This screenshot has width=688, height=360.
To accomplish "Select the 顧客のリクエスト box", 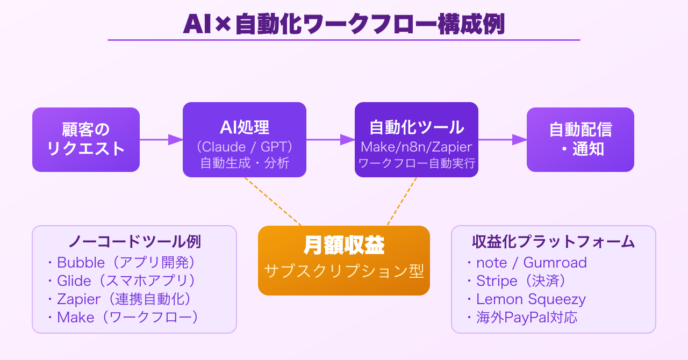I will pyautogui.click(x=86, y=140).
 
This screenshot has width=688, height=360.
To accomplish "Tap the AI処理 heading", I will pyautogui.click(x=245, y=127).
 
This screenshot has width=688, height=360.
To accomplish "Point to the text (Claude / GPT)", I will pyautogui.click(x=245, y=146).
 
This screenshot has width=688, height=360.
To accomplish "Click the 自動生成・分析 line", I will pyautogui.click(x=245, y=163).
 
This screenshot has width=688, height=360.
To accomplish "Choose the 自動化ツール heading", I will pyautogui.click(x=417, y=127).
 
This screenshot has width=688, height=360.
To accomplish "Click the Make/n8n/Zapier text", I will pyautogui.click(x=417, y=147).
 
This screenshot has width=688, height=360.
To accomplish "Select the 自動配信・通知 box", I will pyautogui.click(x=580, y=140).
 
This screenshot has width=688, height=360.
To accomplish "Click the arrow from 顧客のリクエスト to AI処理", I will pyautogui.click(x=161, y=140).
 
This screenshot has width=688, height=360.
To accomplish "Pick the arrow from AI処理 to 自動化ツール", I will pyautogui.click(x=331, y=140).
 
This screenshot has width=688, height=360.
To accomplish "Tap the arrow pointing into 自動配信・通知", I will pyautogui.click(x=503, y=140).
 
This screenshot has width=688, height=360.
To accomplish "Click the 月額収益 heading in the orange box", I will pyautogui.click(x=344, y=246).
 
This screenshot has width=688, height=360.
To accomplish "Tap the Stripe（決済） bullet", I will pyautogui.click(x=521, y=280).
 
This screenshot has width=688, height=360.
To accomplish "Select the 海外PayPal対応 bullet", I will pyautogui.click(x=527, y=317).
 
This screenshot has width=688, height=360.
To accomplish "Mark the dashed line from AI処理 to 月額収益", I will pyautogui.click(x=273, y=201).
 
